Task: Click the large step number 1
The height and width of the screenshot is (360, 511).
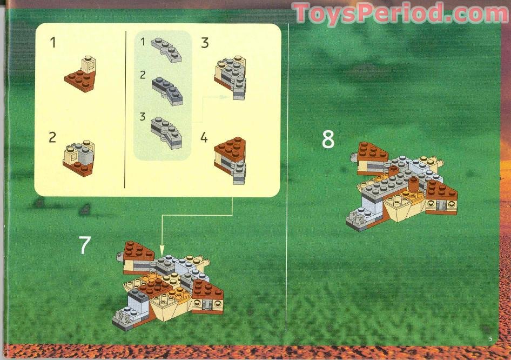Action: click(x=52, y=42)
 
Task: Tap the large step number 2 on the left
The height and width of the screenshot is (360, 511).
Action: click(x=52, y=137)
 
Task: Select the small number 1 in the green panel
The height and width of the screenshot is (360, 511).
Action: click(x=143, y=41)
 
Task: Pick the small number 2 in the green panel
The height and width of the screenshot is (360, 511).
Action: click(x=143, y=75)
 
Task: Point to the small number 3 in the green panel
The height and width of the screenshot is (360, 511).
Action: click(x=143, y=116)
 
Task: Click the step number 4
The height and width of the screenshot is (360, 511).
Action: click(x=204, y=138)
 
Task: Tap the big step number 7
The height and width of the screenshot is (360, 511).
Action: click(x=85, y=245)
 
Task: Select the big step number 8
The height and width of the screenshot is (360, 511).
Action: click(x=328, y=139)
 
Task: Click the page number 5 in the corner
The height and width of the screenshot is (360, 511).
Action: click(x=490, y=339)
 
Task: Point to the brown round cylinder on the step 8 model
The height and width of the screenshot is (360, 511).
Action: click(x=414, y=186)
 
